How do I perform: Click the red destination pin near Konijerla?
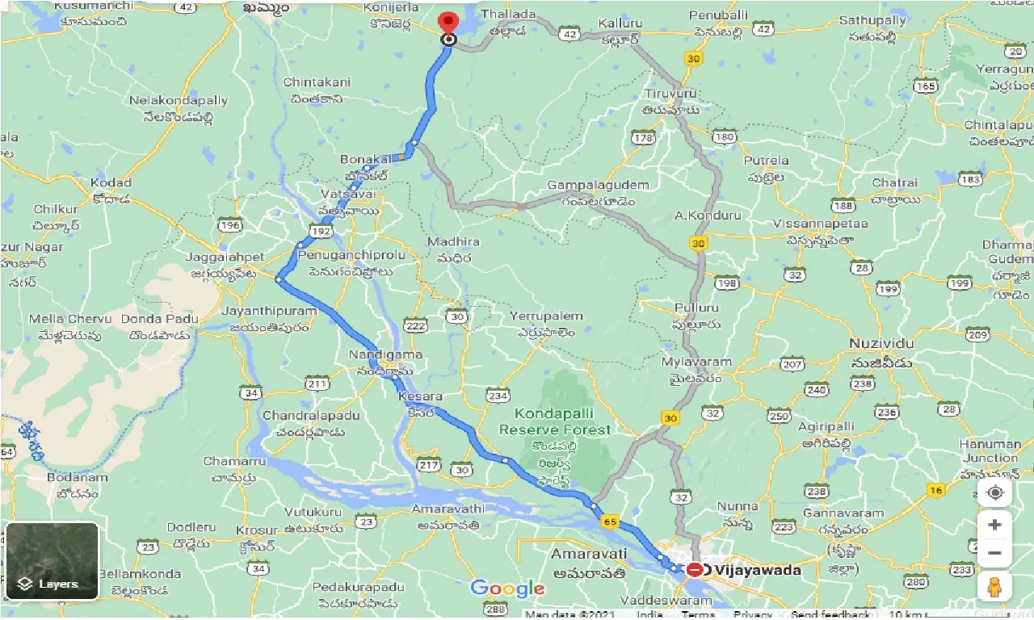447,22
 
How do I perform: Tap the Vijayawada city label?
758,570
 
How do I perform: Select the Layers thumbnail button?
52,561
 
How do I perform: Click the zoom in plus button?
994,525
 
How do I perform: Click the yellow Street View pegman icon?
994,585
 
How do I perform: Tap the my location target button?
994,492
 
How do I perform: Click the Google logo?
507,589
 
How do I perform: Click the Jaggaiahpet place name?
225,257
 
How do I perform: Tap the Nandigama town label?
385,355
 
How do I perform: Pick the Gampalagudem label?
598,186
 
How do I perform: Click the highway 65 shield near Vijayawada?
609,522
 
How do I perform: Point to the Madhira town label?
453,241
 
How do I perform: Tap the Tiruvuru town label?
670,94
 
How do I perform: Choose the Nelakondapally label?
179,101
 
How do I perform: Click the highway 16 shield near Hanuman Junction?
936,490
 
